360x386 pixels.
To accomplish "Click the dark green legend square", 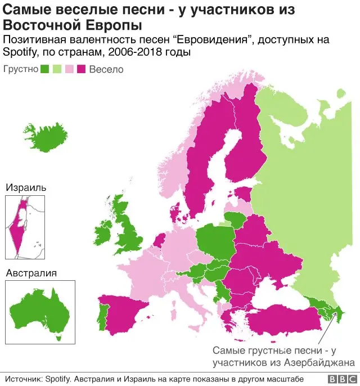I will point(44,70).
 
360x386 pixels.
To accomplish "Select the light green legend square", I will point(57,70).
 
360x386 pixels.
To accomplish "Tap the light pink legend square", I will point(70,70).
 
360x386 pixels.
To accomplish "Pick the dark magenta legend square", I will point(82,70).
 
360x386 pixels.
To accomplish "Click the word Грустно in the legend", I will point(21,70).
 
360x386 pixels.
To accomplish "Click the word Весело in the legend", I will point(106,70).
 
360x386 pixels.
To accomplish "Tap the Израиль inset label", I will point(26,187).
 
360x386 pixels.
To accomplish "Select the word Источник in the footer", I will point(23,378).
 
